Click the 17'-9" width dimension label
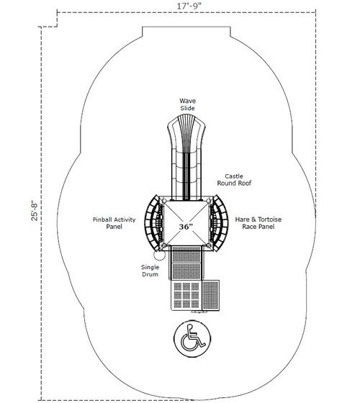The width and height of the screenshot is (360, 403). coord(189,6)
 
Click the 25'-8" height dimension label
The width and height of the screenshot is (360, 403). coord(35,210)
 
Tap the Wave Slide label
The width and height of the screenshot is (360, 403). coord(187,104)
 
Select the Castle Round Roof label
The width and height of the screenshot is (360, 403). coord(234,180)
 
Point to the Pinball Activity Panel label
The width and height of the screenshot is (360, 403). coord(114,223)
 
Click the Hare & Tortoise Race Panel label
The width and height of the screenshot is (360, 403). coord(258,223)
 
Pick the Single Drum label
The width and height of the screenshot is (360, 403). coord(150,271)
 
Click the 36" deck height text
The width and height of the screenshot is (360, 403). coord(186,227)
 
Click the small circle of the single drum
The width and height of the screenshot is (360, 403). coord(159,255)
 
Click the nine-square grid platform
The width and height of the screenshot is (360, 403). coord(186,295)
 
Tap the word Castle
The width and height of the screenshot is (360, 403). coord(234,176)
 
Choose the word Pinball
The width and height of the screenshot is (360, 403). coord(102,219)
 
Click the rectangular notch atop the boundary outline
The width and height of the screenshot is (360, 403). coord(186,32)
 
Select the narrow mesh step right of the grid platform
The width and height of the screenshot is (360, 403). coord(211,295)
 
